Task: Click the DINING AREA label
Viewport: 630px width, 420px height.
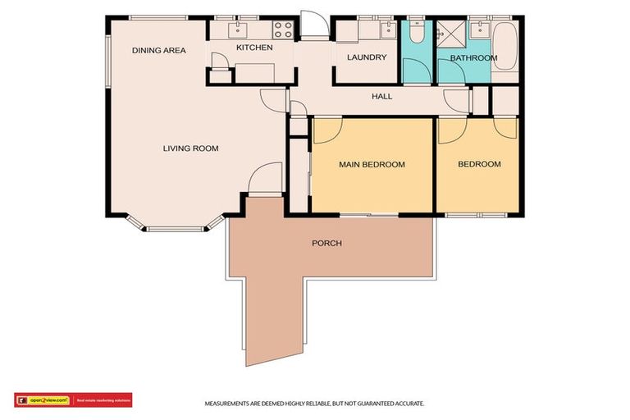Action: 159,51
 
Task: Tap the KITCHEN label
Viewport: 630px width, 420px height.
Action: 254,48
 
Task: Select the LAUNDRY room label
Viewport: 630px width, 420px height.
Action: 367,57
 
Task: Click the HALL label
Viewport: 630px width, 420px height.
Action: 382,97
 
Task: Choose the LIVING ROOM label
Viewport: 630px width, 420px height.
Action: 190,148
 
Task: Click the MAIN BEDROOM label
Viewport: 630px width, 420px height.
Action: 372,165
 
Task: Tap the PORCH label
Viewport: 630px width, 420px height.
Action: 326,244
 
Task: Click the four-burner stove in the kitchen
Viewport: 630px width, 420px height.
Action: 283,30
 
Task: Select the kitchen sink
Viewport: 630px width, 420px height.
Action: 240,30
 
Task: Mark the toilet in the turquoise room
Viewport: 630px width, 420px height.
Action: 416,33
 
